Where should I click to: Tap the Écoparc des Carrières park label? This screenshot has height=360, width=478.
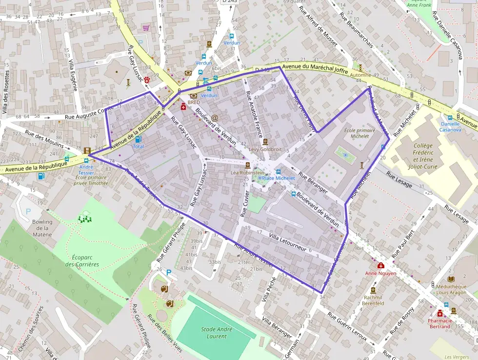point(82,260)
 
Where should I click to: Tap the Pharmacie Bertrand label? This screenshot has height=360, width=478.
point(439,323)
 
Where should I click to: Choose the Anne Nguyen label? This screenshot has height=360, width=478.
point(380,273)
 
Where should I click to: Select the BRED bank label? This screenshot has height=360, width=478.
point(194,103)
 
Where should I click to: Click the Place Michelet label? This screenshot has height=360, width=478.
point(279,178)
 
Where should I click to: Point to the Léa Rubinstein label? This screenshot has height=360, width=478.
point(247,172)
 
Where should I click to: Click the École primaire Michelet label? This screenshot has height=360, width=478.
point(360,133)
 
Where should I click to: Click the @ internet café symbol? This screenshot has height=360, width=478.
point(215,118)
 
